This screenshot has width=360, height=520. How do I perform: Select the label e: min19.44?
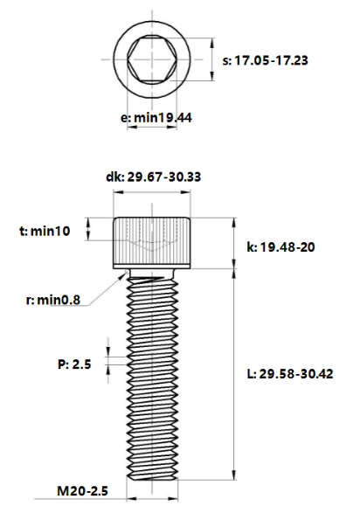(156, 116)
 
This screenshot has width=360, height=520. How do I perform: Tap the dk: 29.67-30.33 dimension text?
(153, 177)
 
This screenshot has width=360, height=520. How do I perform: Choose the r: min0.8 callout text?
(52, 300)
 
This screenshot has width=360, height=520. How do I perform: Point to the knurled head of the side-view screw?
(152, 242)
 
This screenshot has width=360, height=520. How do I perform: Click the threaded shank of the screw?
(152, 376)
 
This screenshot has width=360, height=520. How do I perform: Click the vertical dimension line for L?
(233, 376)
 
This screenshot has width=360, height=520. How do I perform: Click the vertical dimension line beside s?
(212, 61)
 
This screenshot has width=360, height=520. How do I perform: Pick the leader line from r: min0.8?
(103, 288)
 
